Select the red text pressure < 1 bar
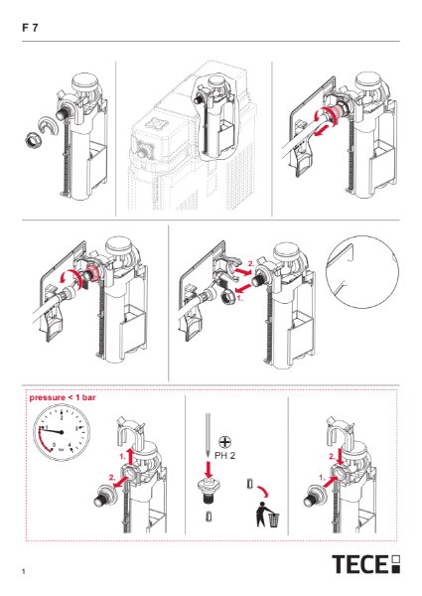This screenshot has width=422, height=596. pyautogui.click(x=62, y=395)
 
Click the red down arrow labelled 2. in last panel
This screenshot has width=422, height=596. pyautogui.click(x=341, y=455)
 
